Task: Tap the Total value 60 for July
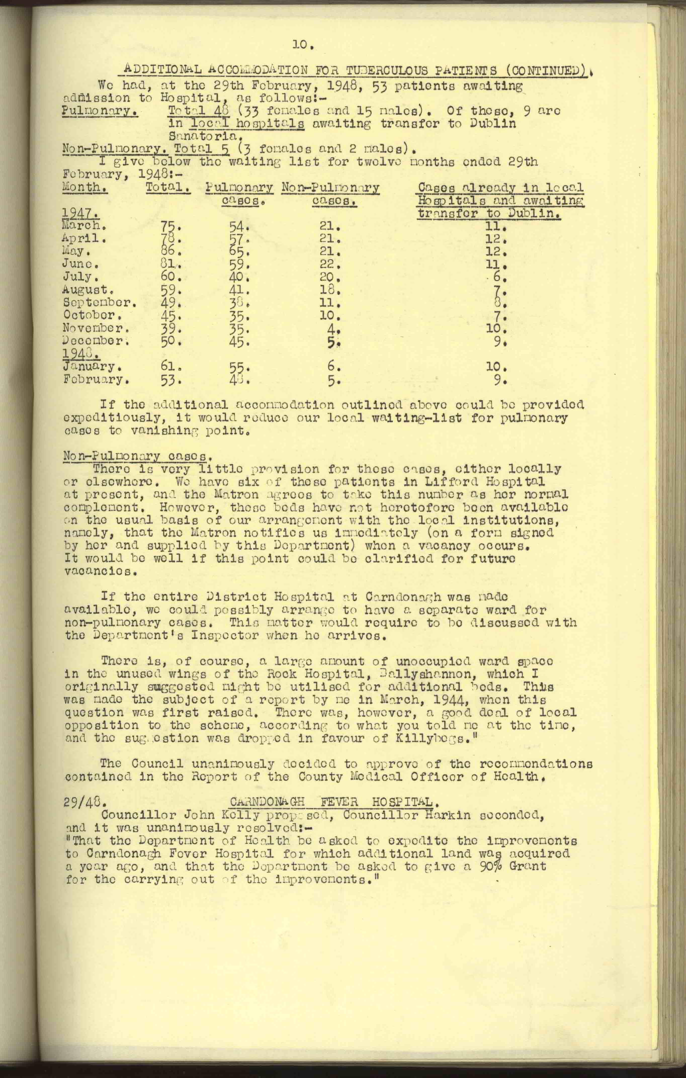[167, 277]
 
